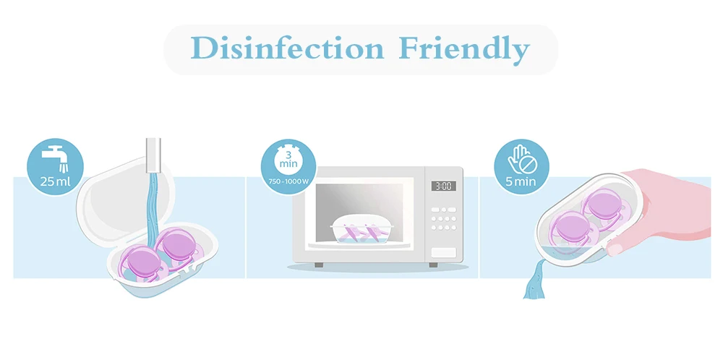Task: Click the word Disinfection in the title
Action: pyautogui.click(x=287, y=48)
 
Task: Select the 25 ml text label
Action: pyautogui.click(x=55, y=181)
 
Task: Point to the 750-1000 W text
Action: pyautogui.click(x=288, y=181)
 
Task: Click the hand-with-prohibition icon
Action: pyautogui.click(x=521, y=159)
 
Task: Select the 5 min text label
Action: pyautogui.click(x=521, y=181)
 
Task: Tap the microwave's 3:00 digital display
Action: pyautogui.click(x=444, y=186)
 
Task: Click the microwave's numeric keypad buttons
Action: pyautogui.click(x=444, y=218)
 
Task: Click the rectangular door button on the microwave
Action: pyautogui.click(x=444, y=252)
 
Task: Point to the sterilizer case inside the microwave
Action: pyautogui.click(x=361, y=230)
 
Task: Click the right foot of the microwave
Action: pyautogui.click(x=433, y=265)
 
